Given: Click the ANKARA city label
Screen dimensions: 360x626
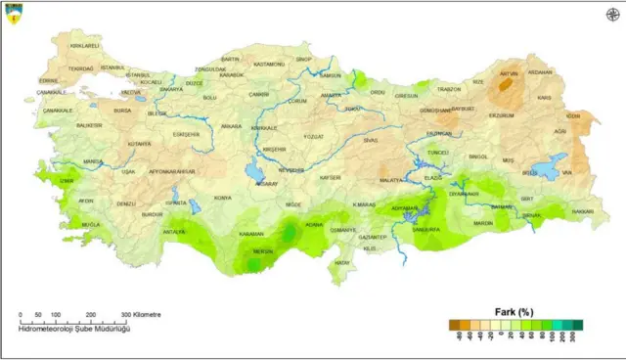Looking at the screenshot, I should coord(232,126).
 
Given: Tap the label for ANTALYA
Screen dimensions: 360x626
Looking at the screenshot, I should coord(174,232).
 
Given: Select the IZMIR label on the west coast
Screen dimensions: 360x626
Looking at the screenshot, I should coord(67,180).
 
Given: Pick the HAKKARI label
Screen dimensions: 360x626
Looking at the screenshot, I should coord(582,211).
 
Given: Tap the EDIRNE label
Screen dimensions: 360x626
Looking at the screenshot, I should coord(48,80).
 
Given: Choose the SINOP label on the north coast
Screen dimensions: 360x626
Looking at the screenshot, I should coord(303,60).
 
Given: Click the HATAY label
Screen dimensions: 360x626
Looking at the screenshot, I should coord(341,263).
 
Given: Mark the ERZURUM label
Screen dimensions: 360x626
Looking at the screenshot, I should coord(501,114).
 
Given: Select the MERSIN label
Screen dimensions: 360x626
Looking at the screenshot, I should coord(263,251).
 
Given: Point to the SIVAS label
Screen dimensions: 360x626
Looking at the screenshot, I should coord(370,140).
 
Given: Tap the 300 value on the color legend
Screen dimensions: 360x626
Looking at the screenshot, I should coord(578,335).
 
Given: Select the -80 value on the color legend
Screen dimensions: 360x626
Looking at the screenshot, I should coord(456,335).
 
